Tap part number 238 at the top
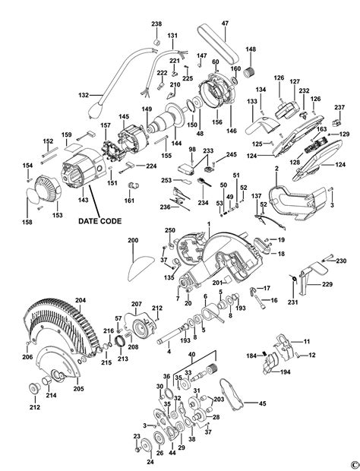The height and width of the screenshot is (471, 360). pyautogui.click(x=156, y=25)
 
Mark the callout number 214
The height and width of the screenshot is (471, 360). pyautogui.click(x=51, y=396)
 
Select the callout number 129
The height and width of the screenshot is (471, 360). pyautogui.click(x=346, y=134)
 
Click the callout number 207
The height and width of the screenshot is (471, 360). pyautogui.click(x=137, y=304)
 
